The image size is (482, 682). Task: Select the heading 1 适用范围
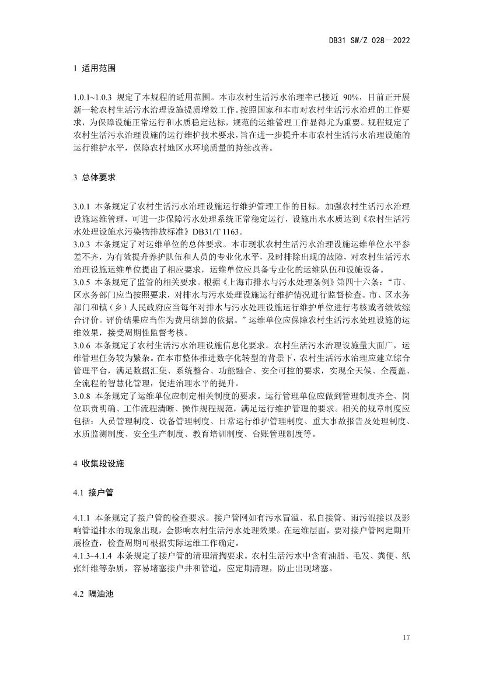[91, 68]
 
